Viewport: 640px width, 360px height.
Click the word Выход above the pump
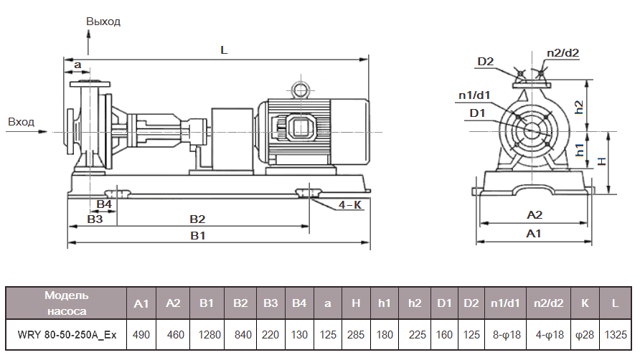coord(103,22)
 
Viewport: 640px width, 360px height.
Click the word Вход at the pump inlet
coord(21,122)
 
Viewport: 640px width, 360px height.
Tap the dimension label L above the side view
coord(224,51)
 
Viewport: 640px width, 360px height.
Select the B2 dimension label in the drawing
coord(197,218)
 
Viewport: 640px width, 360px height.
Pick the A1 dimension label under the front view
coord(534,234)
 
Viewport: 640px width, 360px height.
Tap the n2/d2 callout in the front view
coord(563,53)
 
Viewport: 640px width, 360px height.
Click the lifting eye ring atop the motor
coord(298,89)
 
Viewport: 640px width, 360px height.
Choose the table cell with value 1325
coord(616,334)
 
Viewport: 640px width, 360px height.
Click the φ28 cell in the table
coord(584,334)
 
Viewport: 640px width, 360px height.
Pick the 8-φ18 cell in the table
coord(506,334)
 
